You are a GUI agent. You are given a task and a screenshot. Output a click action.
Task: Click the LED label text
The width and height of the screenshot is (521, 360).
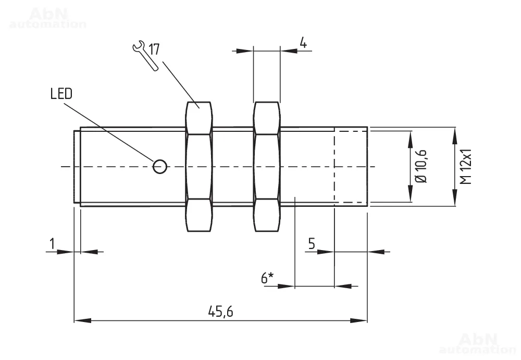tap(61, 94)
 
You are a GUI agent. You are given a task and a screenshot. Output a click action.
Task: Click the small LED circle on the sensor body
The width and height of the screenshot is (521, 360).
tap(160, 166)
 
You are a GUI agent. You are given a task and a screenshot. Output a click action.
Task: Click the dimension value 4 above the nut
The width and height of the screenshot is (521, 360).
tap(303, 43)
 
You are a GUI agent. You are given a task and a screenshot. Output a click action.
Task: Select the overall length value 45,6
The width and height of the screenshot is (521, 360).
tap(220, 312)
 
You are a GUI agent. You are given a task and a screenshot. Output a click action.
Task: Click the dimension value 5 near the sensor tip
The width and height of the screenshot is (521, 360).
tap(312, 244)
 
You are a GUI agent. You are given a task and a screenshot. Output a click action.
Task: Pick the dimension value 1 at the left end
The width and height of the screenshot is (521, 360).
tap(52, 244)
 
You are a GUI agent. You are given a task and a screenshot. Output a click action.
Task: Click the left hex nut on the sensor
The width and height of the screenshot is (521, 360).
tap(199, 166)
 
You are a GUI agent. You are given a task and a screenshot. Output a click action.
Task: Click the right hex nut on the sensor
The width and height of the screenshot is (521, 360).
tap(266, 166)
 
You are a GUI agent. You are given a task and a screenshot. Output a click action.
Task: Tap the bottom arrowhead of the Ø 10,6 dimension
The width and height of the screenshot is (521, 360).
tap(410, 198)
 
